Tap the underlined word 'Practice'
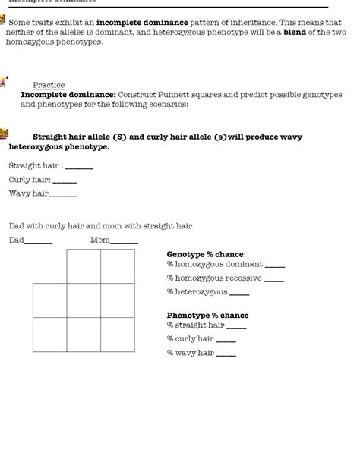pos(49,85)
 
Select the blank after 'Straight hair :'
pos(80,167)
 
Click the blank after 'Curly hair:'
pos(65,181)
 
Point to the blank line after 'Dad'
pos(39,243)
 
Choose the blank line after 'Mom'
pos(125,243)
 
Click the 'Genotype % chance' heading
pos(206,253)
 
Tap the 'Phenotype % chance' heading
pos(207,316)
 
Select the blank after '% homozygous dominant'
pos(275,266)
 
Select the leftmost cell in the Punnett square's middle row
pos(49,300)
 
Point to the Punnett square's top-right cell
pos(118,266)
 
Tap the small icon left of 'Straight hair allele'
pos(4,134)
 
